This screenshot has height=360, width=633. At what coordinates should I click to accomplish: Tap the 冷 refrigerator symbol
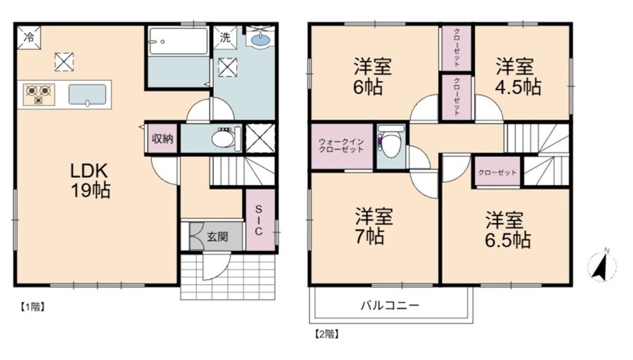(x=29, y=37)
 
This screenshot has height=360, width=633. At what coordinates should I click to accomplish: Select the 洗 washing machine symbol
(x=225, y=37)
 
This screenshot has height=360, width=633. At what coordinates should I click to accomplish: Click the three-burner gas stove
(x=39, y=95)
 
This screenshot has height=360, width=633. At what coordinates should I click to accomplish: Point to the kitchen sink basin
(x=87, y=95)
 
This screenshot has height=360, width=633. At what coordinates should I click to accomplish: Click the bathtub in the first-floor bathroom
(x=178, y=41)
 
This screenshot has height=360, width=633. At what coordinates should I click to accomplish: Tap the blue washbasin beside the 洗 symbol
(x=260, y=39)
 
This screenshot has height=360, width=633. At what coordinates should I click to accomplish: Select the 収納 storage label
(x=162, y=139)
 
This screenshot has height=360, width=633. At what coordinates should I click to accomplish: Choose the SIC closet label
(x=259, y=220)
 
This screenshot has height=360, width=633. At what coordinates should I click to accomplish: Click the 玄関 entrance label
(x=217, y=236)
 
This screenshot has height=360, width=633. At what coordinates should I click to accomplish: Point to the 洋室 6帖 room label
(x=373, y=77)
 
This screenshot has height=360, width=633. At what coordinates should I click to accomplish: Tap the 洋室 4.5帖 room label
(x=518, y=77)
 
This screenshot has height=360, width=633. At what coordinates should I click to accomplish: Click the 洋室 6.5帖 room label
(x=507, y=230)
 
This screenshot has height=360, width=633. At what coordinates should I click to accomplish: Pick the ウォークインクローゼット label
(x=342, y=146)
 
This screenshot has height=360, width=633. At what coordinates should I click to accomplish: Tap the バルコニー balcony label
(x=390, y=305)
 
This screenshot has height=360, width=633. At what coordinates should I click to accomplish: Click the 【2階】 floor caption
(x=326, y=334)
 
